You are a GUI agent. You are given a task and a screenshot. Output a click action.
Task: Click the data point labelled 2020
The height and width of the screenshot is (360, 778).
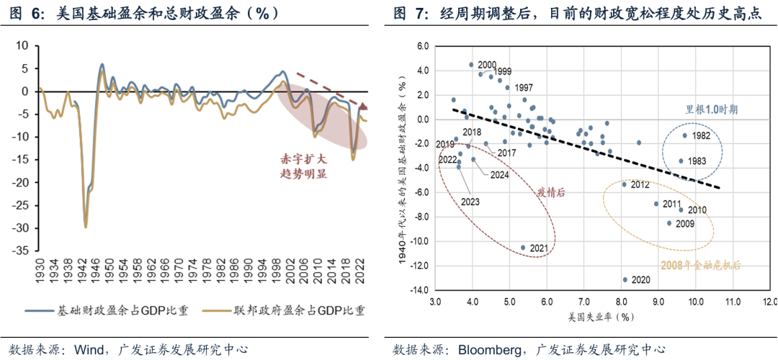(625, 279)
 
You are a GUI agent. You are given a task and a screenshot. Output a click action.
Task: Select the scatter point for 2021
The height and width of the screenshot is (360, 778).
(524, 248)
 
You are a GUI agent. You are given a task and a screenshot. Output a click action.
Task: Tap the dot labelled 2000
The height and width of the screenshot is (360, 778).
(472, 64)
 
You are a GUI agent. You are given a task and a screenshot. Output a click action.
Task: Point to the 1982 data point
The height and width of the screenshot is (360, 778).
(686, 135)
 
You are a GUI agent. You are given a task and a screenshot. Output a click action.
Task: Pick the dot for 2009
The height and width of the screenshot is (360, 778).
(669, 223)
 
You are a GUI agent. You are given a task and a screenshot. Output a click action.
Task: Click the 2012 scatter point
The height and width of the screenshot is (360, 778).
(625, 184)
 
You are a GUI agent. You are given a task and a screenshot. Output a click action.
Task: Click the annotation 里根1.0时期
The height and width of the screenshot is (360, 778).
(711, 110)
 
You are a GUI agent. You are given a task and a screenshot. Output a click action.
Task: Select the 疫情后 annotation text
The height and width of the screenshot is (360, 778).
(550, 192)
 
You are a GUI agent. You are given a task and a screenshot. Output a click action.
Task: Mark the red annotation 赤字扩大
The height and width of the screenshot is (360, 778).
(305, 158)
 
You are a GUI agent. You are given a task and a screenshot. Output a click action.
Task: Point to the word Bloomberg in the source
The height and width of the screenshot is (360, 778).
(491, 349)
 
